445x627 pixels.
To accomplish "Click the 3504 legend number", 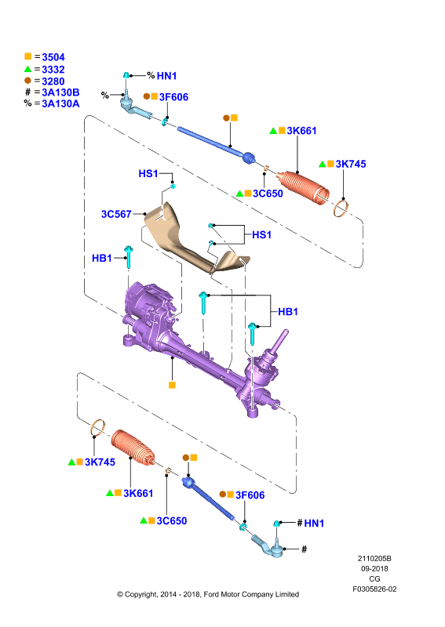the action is [53, 57].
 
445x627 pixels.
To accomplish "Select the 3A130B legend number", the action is [60, 92].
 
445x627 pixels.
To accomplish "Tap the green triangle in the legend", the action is [27, 69].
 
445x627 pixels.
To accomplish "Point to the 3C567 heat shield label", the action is [116, 214].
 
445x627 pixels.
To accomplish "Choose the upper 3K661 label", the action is [301, 131].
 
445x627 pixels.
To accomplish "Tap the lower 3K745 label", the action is [100, 462].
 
